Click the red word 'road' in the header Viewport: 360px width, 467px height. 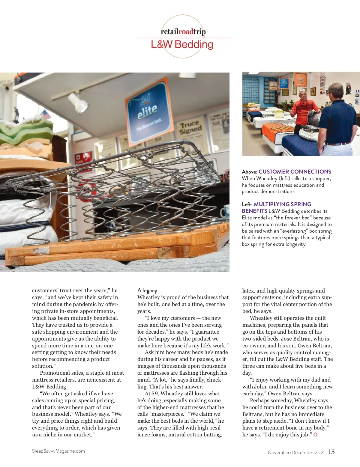coord(186,31)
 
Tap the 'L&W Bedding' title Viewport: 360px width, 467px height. coord(182,44)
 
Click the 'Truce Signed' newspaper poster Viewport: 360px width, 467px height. coord(190,127)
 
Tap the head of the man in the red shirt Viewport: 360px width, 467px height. coord(303,95)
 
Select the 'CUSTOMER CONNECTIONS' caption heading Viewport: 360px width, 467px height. coord(295,172)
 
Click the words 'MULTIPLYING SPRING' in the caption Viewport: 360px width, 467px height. coord(282,204)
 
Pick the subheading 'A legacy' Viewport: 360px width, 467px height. coord(147,290)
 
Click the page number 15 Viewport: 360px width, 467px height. coord(331,452)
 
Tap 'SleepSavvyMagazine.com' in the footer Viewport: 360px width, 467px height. coord(58,451)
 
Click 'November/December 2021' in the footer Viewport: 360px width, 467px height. coord(296,453)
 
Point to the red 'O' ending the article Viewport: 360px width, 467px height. coord(315,435)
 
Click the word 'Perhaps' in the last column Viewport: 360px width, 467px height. coord(260,400)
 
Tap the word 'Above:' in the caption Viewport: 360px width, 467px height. coord(249,172)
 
